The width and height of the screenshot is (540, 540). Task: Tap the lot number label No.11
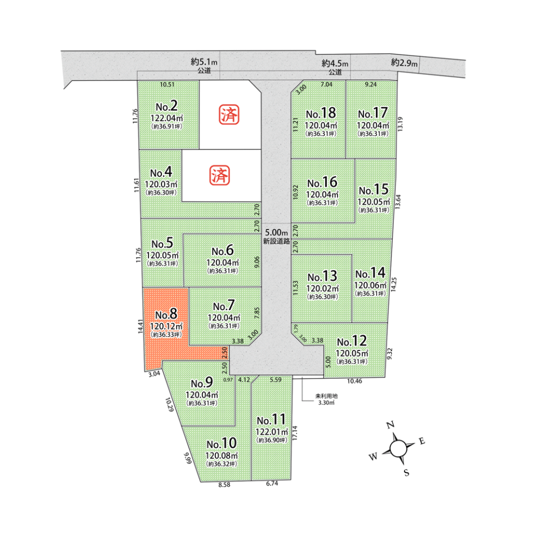coord(271,420)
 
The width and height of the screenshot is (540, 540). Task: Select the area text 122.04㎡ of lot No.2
coord(166,118)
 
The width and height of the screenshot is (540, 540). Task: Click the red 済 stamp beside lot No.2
coord(229,115)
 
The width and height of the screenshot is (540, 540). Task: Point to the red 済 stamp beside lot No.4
coord(220,175)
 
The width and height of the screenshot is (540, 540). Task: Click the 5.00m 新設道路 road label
coord(277,237)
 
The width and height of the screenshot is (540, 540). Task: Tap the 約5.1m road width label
coord(204,62)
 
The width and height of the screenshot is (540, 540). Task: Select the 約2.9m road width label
coord(404,62)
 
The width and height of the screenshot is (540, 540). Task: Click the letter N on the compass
coord(390,425)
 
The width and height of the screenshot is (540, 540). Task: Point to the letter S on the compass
coord(407,472)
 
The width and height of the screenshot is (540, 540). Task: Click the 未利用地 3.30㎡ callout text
coord(326,399)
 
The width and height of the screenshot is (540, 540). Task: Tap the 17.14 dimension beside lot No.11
coord(295,433)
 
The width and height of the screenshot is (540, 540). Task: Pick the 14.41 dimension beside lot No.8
coord(141,326)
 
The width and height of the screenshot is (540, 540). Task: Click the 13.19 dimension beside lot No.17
coord(400,124)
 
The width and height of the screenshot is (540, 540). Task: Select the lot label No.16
coord(322,182)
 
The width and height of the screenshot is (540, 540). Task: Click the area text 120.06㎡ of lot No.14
coord(371,286)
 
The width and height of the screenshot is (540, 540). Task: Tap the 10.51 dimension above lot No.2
coord(168,84)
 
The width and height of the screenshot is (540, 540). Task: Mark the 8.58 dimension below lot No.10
coord(224,484)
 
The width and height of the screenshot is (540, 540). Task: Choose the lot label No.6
coord(223,251)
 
